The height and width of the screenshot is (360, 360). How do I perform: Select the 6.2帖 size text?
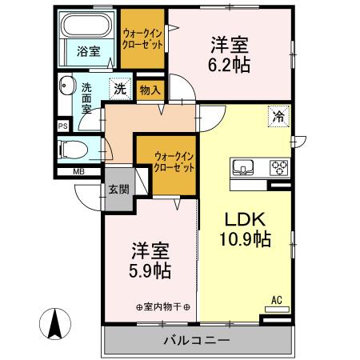(x=230, y=65)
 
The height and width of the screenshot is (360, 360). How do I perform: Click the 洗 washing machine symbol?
(x=119, y=88)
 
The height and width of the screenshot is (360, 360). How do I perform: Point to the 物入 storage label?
(x=150, y=89)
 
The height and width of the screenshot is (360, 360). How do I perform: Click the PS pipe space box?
(x=62, y=125)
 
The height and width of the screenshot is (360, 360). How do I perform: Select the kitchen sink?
(x=243, y=168)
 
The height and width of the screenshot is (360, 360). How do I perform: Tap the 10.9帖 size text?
(x=244, y=238)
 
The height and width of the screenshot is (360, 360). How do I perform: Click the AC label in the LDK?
(x=276, y=299)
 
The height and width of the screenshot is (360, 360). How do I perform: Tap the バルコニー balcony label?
(x=197, y=339)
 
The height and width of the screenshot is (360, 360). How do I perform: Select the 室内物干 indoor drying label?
(x=162, y=306)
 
